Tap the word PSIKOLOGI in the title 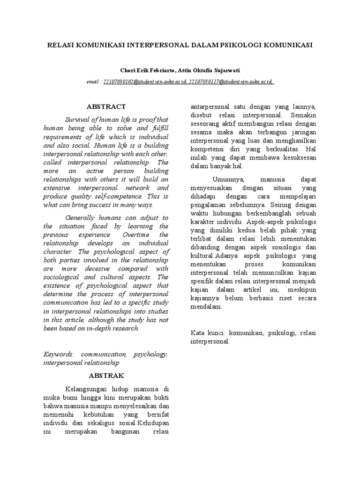[x=243, y=45]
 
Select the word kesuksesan [x=296, y=157]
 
